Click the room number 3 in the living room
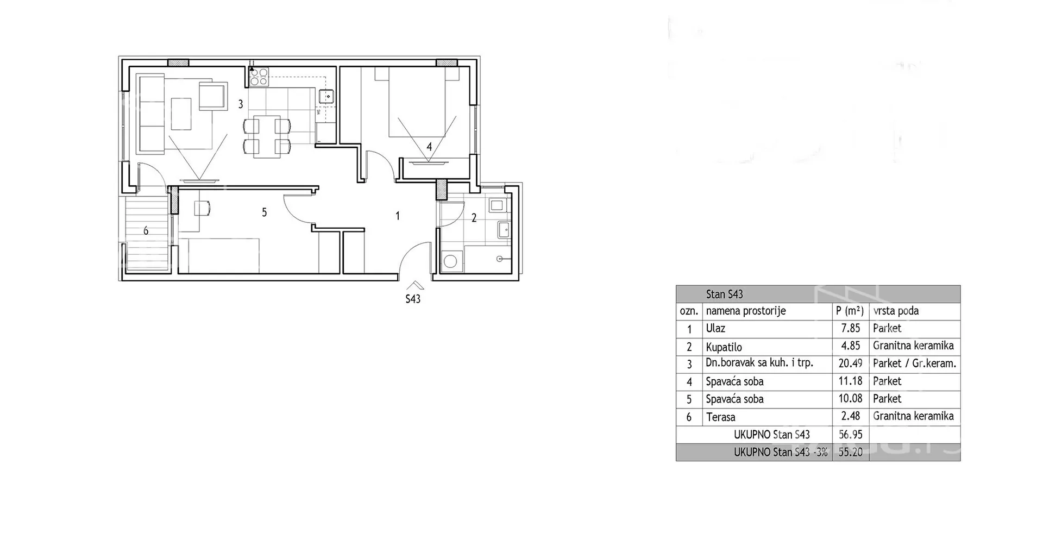[x=241, y=104]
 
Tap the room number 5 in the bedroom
[x=265, y=212]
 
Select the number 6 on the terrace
[x=146, y=231]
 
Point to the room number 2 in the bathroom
[x=474, y=218]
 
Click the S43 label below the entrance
[x=413, y=299]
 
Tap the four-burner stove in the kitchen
[x=259, y=77]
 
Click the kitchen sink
[x=327, y=96]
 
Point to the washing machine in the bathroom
[x=450, y=261]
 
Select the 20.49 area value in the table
[x=850, y=363]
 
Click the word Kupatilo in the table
[x=724, y=347]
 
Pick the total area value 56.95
[x=850, y=435]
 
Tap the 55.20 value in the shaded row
[x=850, y=452]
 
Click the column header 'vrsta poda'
[x=896, y=311]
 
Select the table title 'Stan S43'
[x=724, y=294]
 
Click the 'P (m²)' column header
[x=850, y=311]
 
